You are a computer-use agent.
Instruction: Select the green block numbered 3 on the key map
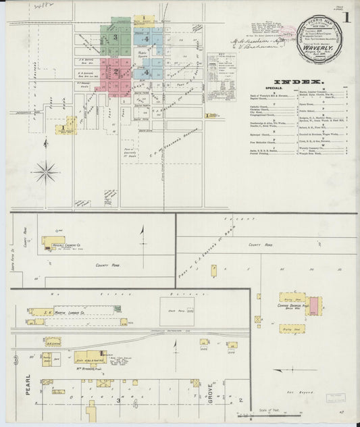tap(115, 38)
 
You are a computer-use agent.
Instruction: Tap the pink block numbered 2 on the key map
tap(115, 69)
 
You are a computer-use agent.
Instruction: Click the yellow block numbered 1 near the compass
tap(66, 126)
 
